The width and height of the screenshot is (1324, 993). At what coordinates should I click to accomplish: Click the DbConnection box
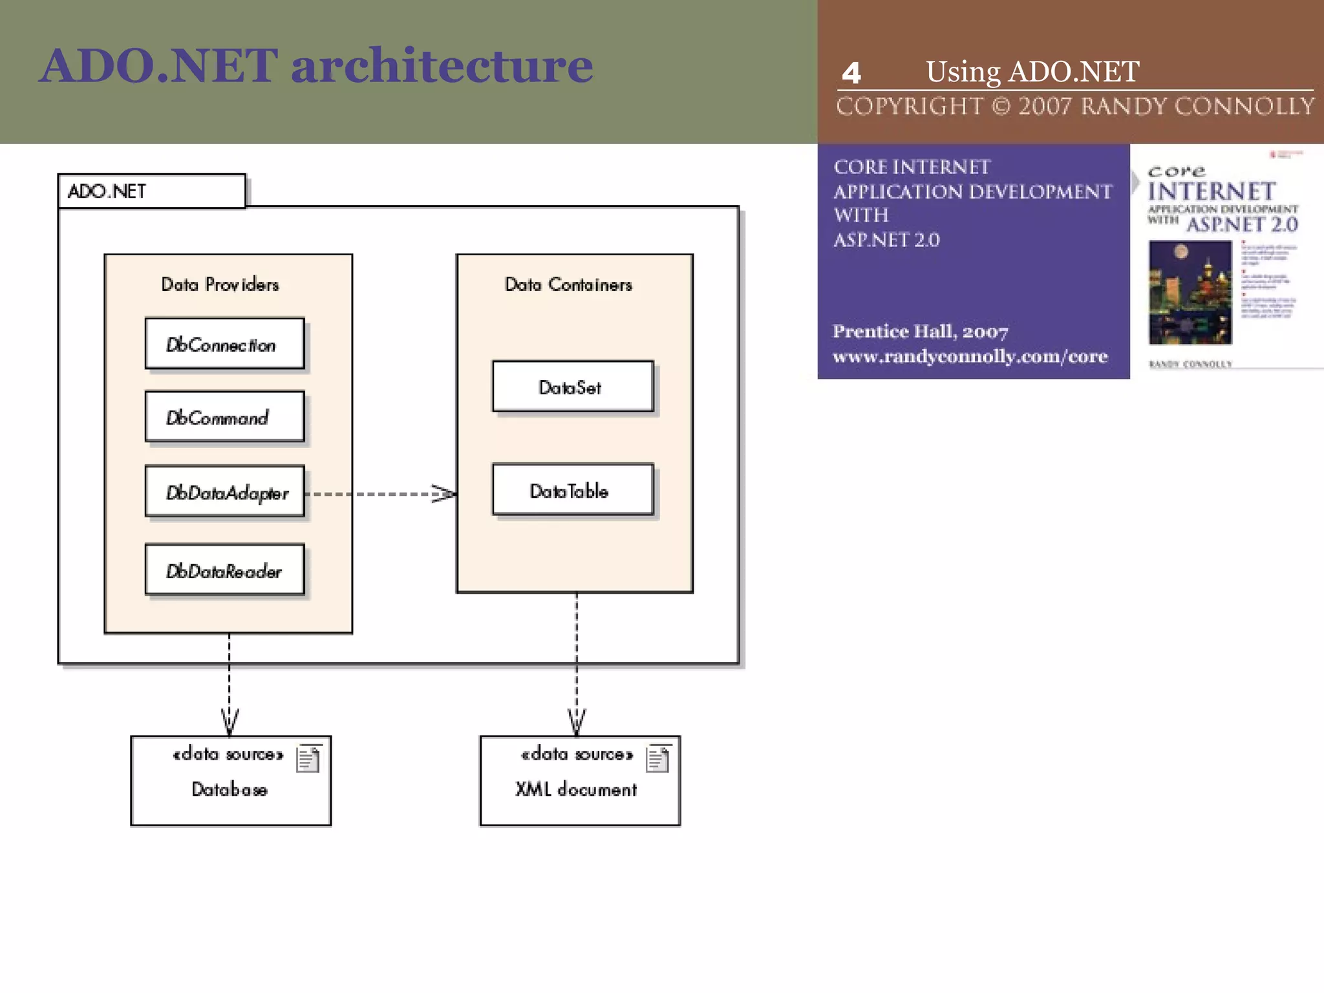coord(224,344)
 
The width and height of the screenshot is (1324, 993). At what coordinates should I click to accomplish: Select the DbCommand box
coord(224,417)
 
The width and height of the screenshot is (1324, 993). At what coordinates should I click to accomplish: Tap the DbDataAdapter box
coord(224,492)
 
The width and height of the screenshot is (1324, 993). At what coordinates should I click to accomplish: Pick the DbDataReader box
coord(224,570)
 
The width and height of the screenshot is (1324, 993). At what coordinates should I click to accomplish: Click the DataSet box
coord(572,387)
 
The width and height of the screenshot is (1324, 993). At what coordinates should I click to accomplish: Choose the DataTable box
coord(572,490)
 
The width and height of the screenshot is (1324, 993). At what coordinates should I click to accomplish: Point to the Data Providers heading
coord(220,284)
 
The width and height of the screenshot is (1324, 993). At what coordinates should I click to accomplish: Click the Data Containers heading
coord(568,284)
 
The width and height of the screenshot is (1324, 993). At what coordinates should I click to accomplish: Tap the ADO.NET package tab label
coord(107,191)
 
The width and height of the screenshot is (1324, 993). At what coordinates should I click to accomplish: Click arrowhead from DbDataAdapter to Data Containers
coord(445,494)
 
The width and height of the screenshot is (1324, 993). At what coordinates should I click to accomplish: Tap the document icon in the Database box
coord(308,759)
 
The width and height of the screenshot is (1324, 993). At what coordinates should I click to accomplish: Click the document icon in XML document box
coord(657,759)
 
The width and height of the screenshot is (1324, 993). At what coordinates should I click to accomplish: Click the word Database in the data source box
coord(230,789)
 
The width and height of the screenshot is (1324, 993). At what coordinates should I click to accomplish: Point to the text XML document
coord(575,789)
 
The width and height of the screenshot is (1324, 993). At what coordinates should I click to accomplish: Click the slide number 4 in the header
coord(851,73)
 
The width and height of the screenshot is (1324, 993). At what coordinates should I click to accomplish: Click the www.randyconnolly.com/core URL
coord(970,356)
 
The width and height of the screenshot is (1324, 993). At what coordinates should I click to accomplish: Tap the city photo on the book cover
coord(1190,292)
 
